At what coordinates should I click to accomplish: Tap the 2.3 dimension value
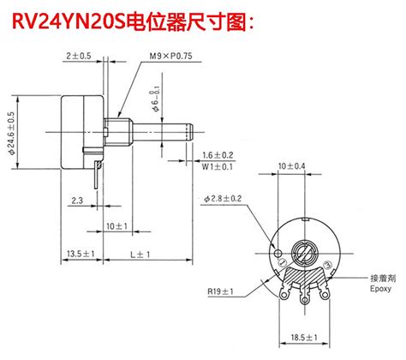pyautogui.click(x=78, y=201)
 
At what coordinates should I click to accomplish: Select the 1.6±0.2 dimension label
pyautogui.click(x=218, y=154)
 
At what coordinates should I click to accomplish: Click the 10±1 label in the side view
pyautogui.click(x=117, y=225)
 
